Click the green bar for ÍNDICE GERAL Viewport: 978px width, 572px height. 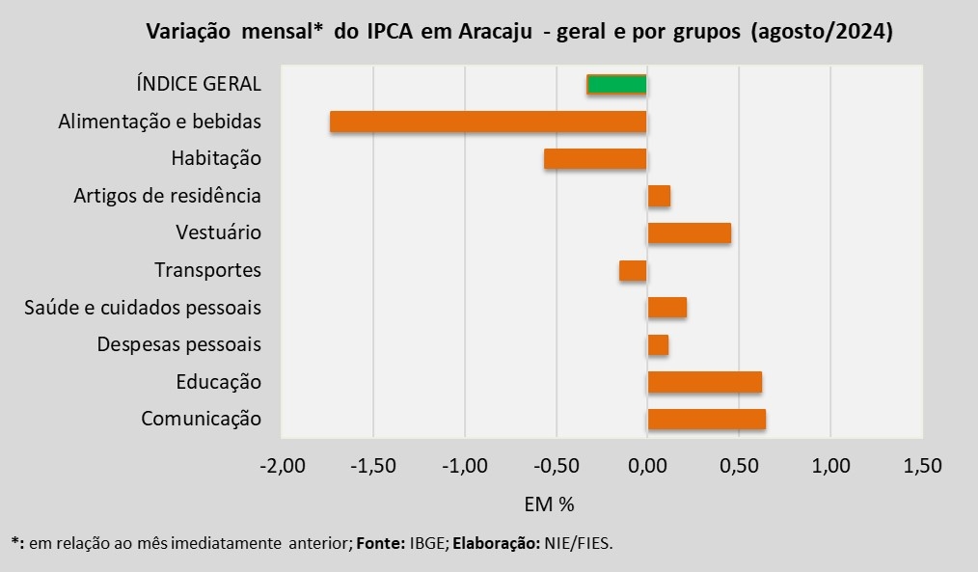pos(617,84)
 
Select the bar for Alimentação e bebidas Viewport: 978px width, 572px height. pos(488,122)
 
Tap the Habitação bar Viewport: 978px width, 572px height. pos(596,158)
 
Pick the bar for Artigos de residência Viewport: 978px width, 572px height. pos(660,196)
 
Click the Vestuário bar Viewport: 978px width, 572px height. pos(690,232)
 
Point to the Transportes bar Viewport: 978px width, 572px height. pos(633,271)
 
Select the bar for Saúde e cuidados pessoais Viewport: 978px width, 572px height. pos(667,308)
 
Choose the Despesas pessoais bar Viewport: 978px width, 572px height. pos(658,345)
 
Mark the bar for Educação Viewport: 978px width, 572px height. pos(705,382)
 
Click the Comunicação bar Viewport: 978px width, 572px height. pos(707,420)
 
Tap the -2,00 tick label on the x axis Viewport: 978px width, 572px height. pos(283,465)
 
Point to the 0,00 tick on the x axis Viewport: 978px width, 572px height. pos(647,465)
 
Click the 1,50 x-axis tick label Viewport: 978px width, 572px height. pos(922,465)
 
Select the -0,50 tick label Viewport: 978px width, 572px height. pos(557,465)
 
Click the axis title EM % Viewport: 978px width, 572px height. pos(549,504)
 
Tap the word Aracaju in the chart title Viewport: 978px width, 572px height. pos(495,31)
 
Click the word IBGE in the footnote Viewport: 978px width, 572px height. pos(428,543)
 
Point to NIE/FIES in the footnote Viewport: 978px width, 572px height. pos(578,543)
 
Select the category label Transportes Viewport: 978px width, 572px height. pos(207,270)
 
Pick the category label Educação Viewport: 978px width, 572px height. pos(218,382)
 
